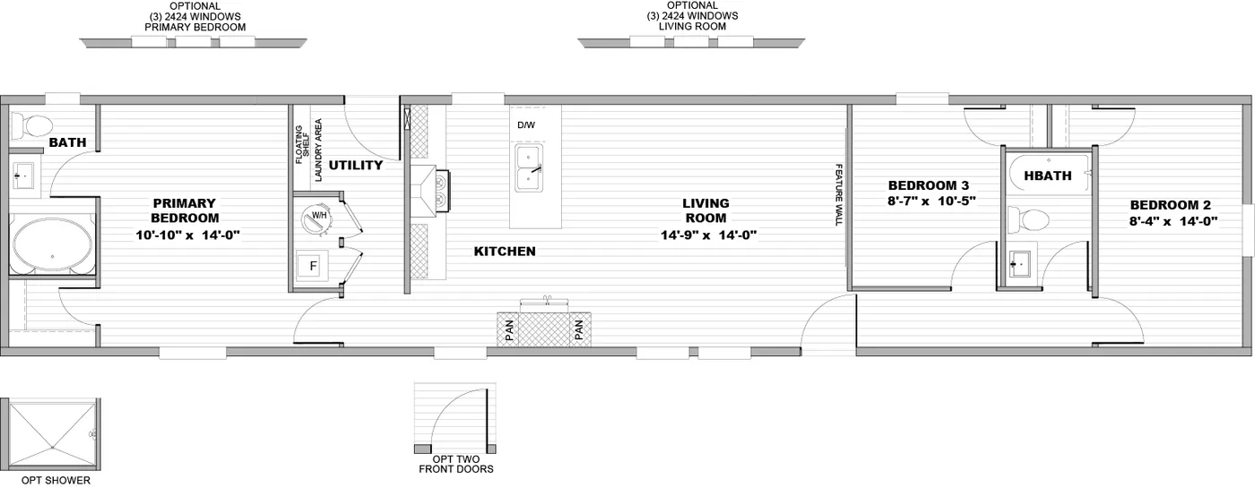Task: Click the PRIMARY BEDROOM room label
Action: pyautogui.click(x=185, y=210)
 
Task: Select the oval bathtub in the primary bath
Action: pyautogui.click(x=50, y=242)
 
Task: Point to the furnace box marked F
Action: pyautogui.click(x=313, y=265)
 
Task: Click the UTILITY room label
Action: pyautogui.click(x=355, y=166)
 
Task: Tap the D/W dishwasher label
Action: pyautogui.click(x=525, y=125)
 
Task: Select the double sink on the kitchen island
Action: pyautogui.click(x=529, y=168)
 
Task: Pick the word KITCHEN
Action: pyautogui.click(x=505, y=252)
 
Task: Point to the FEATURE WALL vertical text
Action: pyautogui.click(x=839, y=194)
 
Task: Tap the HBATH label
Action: pyautogui.click(x=1047, y=175)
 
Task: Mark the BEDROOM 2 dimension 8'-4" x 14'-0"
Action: pyautogui.click(x=1172, y=220)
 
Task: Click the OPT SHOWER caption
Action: pyautogui.click(x=56, y=480)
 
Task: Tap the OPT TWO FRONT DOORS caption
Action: pyautogui.click(x=456, y=464)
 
